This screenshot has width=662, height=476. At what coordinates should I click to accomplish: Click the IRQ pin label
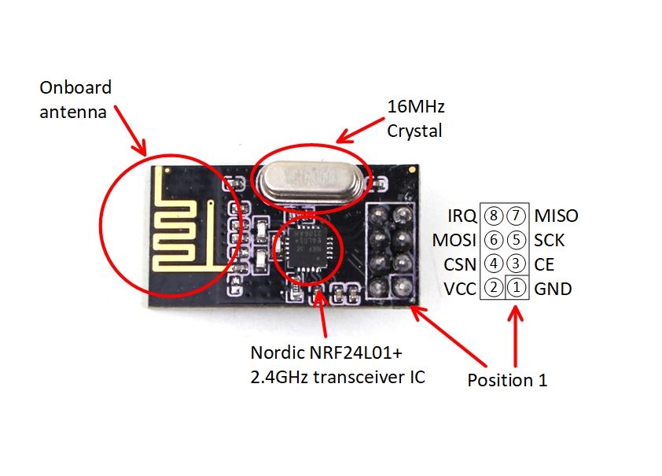pos(461,216)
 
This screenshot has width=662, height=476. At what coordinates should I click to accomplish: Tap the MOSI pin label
pos(454,240)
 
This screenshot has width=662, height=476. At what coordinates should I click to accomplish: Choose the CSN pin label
pos(459,264)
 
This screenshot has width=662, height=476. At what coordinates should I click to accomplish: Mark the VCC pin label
pos(459,289)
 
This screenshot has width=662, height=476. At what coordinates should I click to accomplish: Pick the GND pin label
pos(553,289)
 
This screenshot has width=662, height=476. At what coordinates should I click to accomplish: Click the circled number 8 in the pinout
pos(494,216)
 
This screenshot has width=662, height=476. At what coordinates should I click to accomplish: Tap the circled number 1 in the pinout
pos(517,289)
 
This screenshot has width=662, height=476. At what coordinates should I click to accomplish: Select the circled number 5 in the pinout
pos(517,240)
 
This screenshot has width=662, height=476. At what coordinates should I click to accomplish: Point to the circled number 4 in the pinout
pos(494,264)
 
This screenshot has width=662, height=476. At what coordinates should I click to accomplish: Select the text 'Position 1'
pos(507,380)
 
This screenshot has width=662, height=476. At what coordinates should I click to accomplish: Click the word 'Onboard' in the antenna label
pos(75,87)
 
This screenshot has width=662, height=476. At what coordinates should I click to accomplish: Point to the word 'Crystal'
pos(414,131)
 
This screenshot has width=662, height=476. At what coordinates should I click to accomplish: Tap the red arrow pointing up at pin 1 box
pos(516,338)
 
